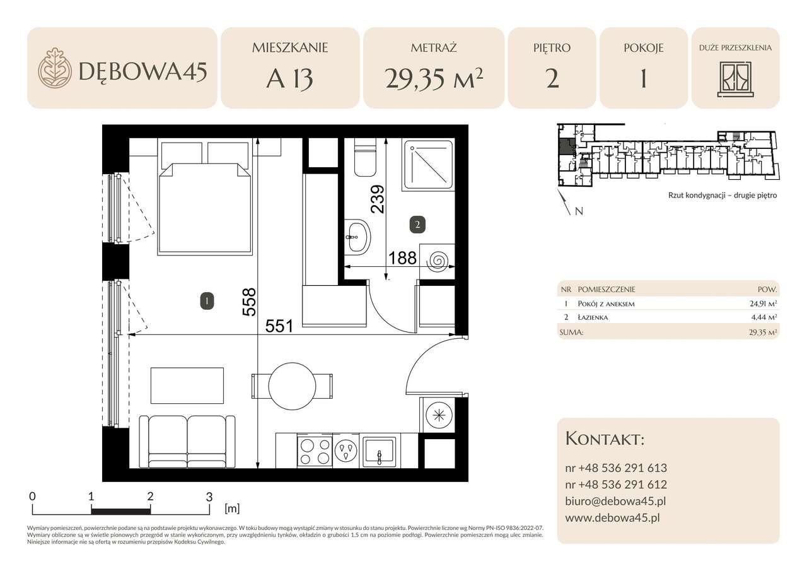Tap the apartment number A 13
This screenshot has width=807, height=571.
(289, 80)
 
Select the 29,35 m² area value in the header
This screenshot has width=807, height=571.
(434, 79)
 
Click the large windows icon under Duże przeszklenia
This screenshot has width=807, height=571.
(735, 79)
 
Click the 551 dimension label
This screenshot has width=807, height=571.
(279, 326)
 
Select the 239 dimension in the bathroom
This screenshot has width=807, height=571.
(377, 199)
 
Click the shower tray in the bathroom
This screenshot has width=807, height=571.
(428, 165)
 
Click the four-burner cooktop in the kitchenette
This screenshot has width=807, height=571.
(314, 450)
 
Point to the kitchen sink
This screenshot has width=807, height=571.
(380, 450)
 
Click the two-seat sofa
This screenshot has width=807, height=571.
(187, 440)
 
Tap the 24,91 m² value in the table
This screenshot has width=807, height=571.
(762, 304)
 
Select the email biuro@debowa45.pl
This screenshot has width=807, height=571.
(615, 502)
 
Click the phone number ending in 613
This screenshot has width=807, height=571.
(616, 468)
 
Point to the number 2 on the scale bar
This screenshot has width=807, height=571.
(150, 496)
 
